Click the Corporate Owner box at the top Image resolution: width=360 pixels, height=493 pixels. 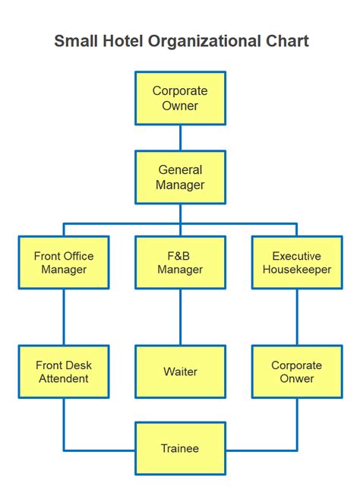click(x=180, y=98)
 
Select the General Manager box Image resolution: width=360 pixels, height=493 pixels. click(x=180, y=177)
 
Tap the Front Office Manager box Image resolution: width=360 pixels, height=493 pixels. click(x=64, y=262)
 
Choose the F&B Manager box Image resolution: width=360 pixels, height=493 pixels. click(x=180, y=262)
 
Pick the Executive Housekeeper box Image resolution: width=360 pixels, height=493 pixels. click(x=297, y=262)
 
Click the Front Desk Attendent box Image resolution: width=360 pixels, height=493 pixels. click(x=64, y=371)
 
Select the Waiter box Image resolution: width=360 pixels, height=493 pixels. click(x=180, y=371)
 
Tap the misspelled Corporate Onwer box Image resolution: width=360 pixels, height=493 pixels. click(x=297, y=371)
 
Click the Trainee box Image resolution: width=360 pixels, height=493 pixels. click(x=180, y=448)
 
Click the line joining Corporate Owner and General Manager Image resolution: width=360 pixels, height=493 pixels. click(x=180, y=137)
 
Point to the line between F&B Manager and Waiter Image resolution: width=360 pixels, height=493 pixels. click(x=180, y=317)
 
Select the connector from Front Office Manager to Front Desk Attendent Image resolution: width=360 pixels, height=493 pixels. click(x=64, y=317)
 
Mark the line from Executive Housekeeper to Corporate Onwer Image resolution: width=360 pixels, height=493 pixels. click(x=297, y=317)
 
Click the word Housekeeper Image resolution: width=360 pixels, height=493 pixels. click(x=297, y=270)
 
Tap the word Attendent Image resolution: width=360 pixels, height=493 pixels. click(x=64, y=378)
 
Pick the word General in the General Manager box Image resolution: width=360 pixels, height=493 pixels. click(x=180, y=170)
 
